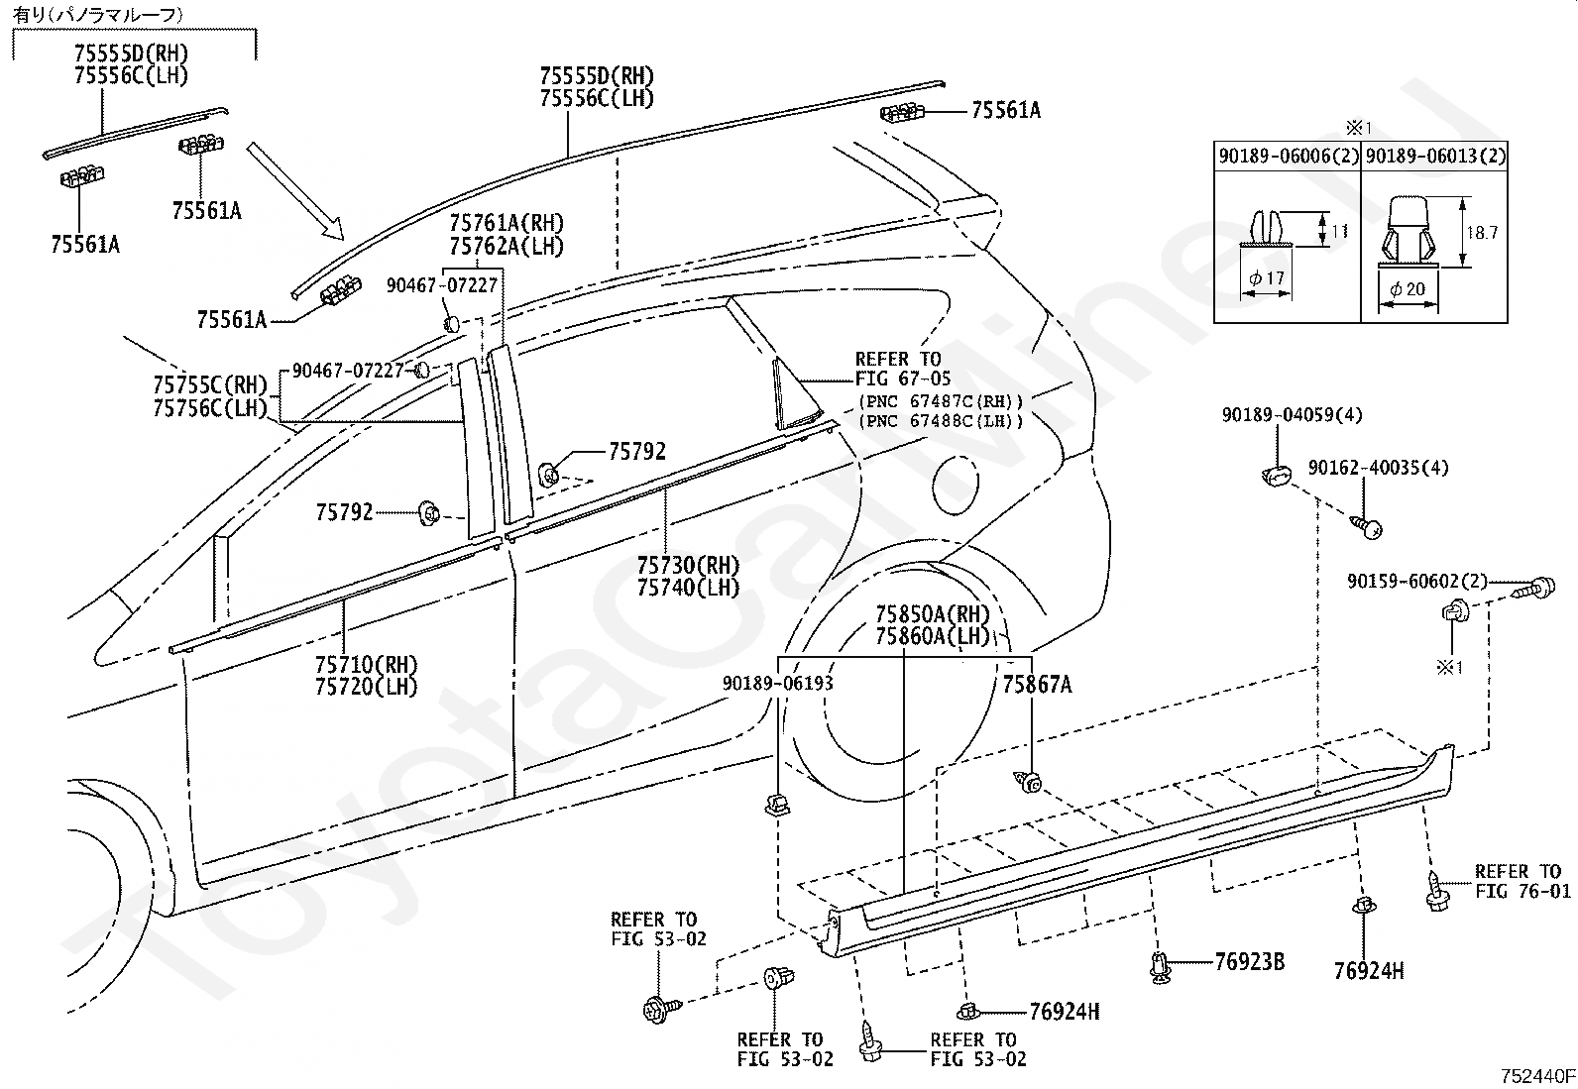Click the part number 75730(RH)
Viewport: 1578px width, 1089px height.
pyautogui.click(x=688, y=566)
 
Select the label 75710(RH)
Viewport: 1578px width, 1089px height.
pyautogui.click(x=367, y=665)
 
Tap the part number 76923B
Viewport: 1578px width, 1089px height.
pyautogui.click(x=1249, y=961)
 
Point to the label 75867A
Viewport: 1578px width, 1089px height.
pyautogui.click(x=1037, y=684)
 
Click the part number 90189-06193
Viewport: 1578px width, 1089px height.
pyautogui.click(x=777, y=684)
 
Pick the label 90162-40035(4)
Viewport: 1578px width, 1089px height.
pyautogui.click(x=1378, y=468)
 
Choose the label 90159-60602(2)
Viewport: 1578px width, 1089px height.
pyautogui.click(x=1417, y=582)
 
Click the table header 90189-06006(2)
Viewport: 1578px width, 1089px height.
pyautogui.click(x=1288, y=156)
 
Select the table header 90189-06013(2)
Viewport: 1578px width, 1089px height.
pyautogui.click(x=1433, y=156)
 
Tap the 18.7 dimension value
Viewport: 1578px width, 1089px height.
pyautogui.click(x=1482, y=233)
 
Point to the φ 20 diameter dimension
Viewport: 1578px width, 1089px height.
pyautogui.click(x=1407, y=288)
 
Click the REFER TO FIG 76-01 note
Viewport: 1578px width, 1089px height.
pyautogui.click(x=1522, y=881)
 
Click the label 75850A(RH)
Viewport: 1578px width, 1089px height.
pyautogui.click(x=933, y=614)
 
